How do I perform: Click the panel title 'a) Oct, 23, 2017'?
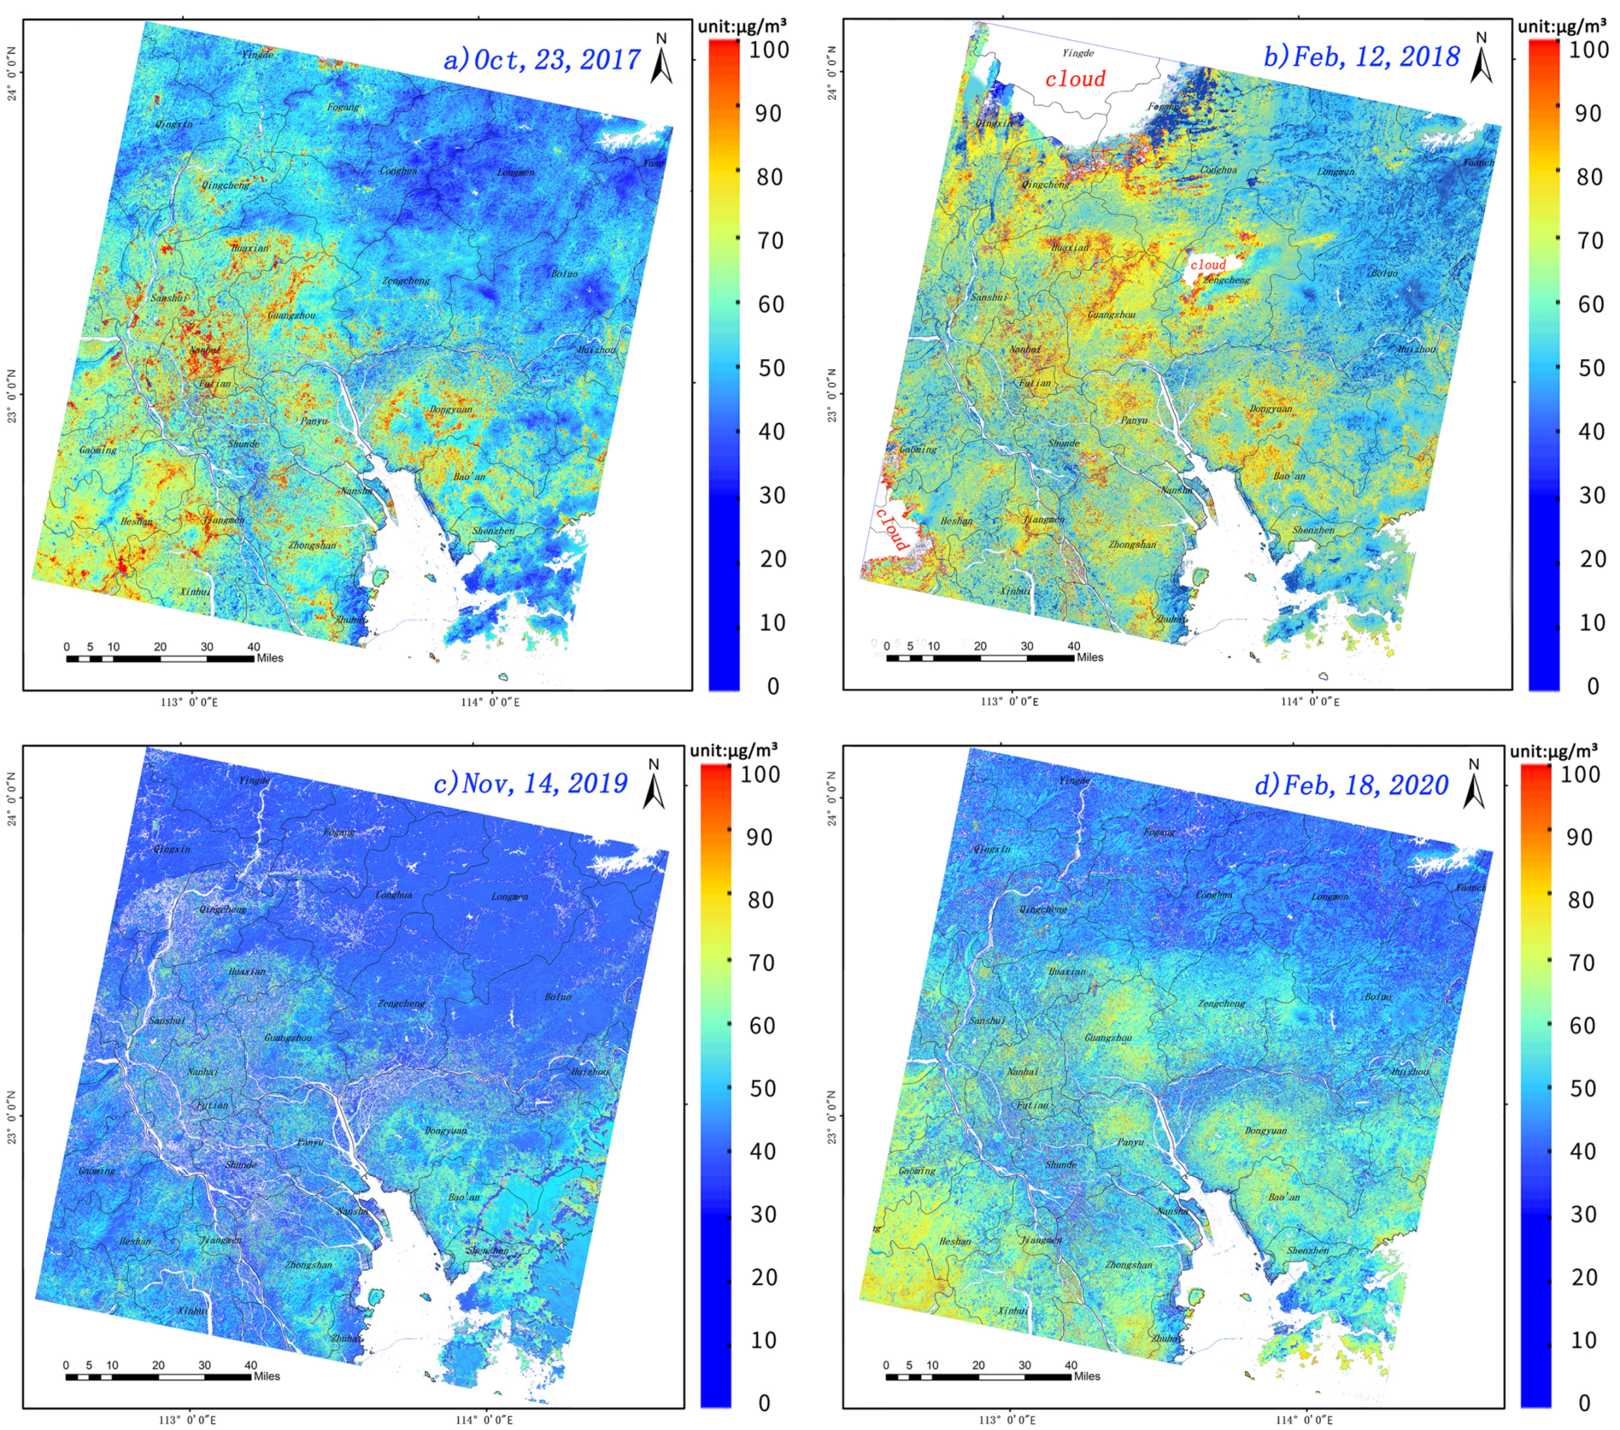point(541,59)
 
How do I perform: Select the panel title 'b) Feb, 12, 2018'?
point(1361,56)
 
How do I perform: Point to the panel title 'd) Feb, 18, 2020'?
point(1352,785)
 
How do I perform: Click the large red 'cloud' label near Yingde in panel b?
point(1075,78)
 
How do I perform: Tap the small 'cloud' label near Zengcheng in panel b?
point(1208,264)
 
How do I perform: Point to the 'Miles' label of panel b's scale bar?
point(1090,657)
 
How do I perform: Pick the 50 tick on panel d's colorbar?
point(1583,1088)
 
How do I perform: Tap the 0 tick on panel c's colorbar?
point(764,1403)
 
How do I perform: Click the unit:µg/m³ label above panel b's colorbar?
point(1562,26)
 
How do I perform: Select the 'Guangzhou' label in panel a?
point(292,315)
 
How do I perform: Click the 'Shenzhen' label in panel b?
point(1313,530)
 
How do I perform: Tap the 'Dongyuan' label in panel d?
point(1265,1130)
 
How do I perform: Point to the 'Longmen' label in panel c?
point(509,897)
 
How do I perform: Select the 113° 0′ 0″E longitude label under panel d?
point(1009,1420)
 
